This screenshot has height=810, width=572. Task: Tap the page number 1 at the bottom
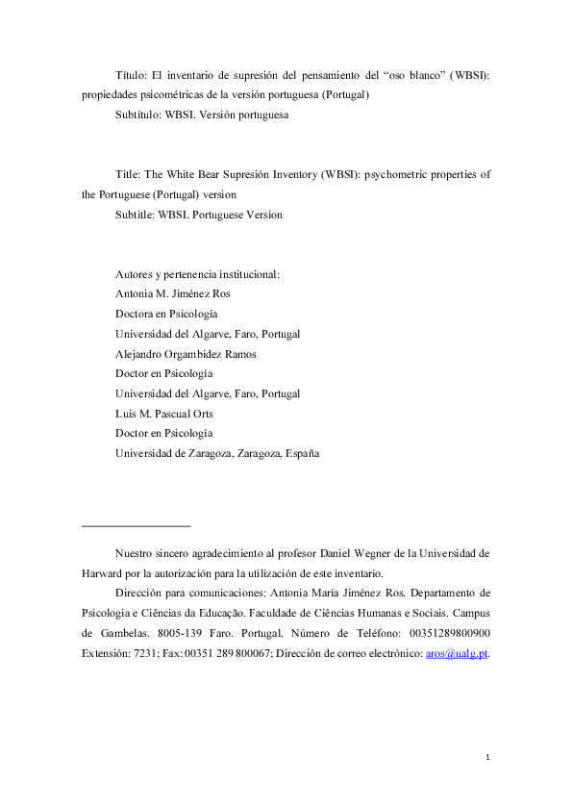point(487,759)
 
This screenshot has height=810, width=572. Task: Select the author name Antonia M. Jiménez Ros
point(173,294)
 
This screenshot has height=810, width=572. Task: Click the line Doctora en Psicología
point(166,314)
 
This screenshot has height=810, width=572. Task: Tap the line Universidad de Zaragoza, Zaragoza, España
point(217,452)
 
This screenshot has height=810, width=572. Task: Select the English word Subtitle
point(134,215)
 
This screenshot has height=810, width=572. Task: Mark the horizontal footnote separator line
point(137,526)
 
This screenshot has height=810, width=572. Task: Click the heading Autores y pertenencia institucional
point(197,274)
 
